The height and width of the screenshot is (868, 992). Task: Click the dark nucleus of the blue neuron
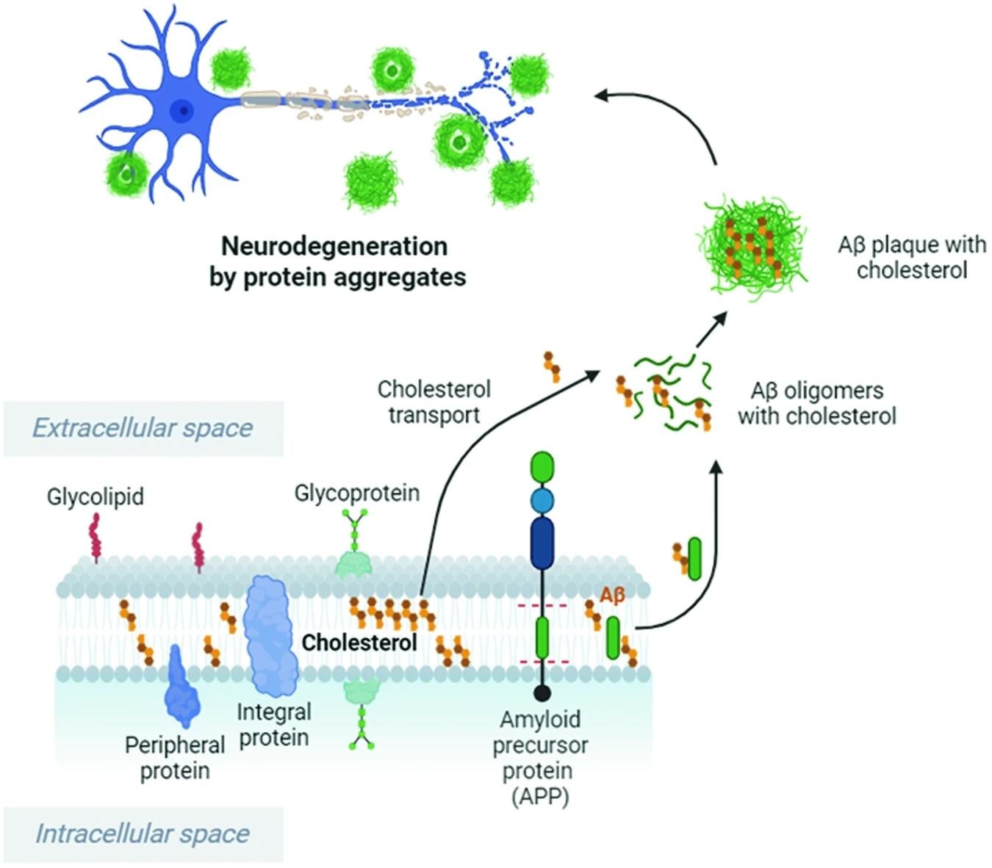tap(181, 112)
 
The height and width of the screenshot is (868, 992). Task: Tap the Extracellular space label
tap(143, 428)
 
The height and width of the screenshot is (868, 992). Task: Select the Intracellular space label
tap(143, 834)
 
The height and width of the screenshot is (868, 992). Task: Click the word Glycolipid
tap(96, 497)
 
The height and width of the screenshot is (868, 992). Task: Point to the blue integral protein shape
tap(270, 635)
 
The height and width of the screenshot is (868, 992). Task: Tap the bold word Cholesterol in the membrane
tap(359, 643)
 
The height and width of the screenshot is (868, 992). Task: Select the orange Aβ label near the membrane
tap(612, 595)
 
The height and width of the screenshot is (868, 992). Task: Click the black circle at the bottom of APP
tap(542, 692)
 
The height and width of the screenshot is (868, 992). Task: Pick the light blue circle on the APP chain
tap(542, 502)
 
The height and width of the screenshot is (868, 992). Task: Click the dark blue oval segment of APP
tap(542, 543)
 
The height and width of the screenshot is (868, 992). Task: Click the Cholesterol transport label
tap(434, 402)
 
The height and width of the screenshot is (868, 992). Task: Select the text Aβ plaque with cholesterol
tap(911, 257)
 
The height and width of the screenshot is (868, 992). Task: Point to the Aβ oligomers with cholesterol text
tap(817, 403)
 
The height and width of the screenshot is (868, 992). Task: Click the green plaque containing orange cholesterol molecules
tap(751, 246)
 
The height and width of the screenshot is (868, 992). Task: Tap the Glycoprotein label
tap(357, 493)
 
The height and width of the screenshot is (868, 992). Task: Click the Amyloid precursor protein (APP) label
tap(540, 757)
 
